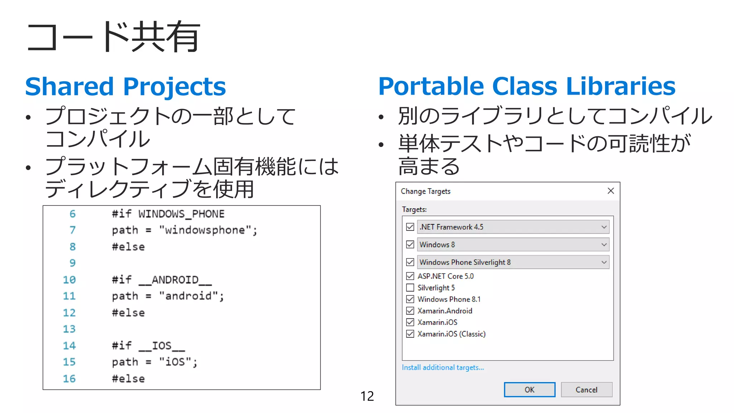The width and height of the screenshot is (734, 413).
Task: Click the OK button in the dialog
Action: pyautogui.click(x=529, y=390)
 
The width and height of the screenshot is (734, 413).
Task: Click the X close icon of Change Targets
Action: pyautogui.click(x=611, y=191)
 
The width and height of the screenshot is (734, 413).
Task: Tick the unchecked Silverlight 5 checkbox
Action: pyautogui.click(x=410, y=288)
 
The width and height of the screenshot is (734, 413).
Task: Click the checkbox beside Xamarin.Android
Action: pyautogui.click(x=410, y=310)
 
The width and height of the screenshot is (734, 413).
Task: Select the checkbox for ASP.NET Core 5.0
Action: pyautogui.click(x=410, y=276)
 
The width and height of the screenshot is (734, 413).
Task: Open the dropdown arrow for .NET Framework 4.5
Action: pyautogui.click(x=604, y=227)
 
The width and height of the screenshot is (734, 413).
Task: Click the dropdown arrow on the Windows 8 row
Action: pyautogui.click(x=604, y=245)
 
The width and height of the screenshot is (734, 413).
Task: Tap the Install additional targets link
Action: pyautogui.click(x=443, y=367)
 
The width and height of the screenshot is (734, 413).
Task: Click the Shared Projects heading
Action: pyautogui.click(x=125, y=87)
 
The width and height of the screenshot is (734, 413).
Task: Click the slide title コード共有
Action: pyautogui.click(x=113, y=37)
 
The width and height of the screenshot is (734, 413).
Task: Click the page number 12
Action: pyautogui.click(x=367, y=396)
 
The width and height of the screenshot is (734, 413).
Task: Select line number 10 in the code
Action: pyautogui.click(x=69, y=280)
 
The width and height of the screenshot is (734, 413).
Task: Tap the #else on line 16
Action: pyautogui.click(x=128, y=379)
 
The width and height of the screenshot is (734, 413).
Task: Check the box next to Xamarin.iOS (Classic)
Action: pyautogui.click(x=410, y=334)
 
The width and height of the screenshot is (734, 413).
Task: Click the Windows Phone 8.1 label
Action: pyautogui.click(x=449, y=299)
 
